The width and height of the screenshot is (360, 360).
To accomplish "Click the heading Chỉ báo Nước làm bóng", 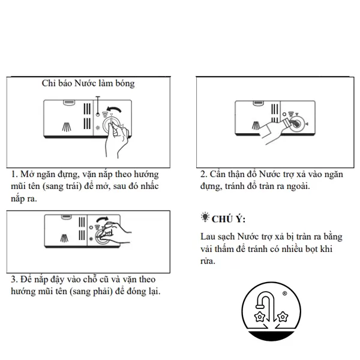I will click(x=88, y=84).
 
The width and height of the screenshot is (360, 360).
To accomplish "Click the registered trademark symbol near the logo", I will click(x=284, y=295).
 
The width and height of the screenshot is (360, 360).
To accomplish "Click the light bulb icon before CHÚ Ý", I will click(x=205, y=217).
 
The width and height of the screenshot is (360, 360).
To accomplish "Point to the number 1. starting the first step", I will click(x=14, y=174).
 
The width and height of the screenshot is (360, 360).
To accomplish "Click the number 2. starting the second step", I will click(x=204, y=174).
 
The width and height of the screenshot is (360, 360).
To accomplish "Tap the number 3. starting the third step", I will click(x=14, y=280).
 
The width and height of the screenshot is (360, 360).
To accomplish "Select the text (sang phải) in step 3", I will click(x=93, y=291).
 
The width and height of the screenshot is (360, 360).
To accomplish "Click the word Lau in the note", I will click(x=208, y=237).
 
